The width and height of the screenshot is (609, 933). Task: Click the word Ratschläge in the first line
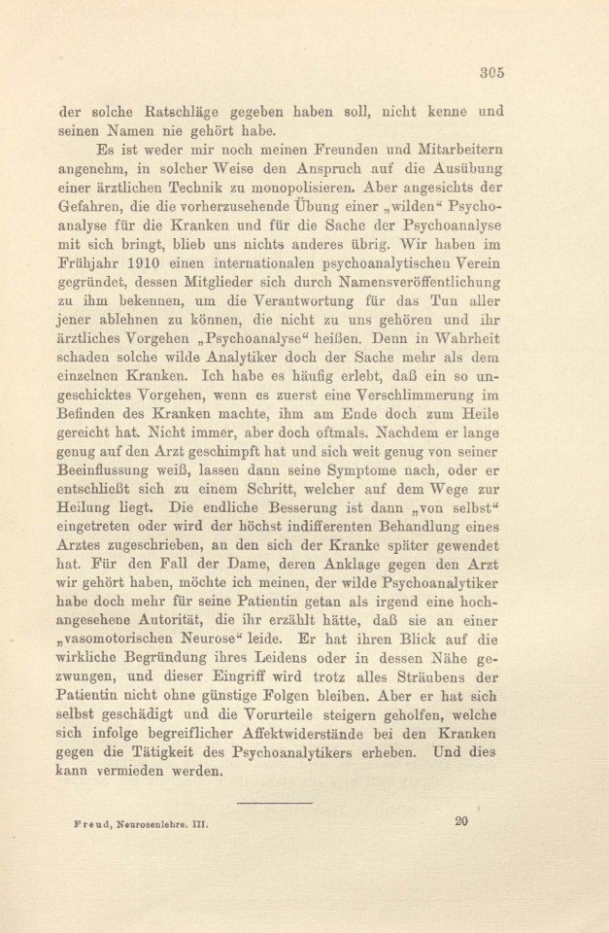pos(183,112)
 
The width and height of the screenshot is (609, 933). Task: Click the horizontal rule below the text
pos(274,803)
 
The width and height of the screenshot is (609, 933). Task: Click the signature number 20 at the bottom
pos(461,820)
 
